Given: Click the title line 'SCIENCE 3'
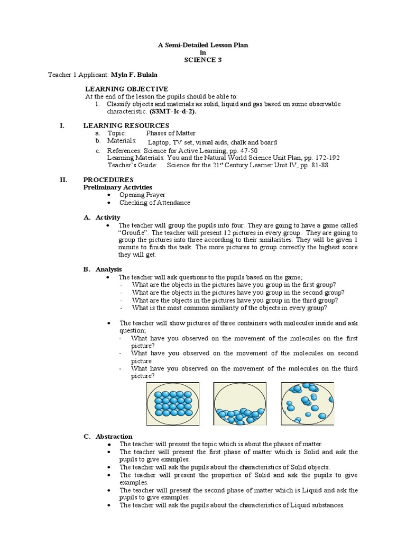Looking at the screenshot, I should tap(202, 60).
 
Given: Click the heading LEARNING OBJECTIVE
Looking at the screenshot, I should tap(126, 88).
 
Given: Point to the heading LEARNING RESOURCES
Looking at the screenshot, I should tap(127, 125).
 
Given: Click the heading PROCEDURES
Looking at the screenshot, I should tap(109, 179).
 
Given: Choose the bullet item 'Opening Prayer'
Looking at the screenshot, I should tap(142, 195).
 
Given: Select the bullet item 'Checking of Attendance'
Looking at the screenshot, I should tap(154, 203).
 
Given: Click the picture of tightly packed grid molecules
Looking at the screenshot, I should tap(172, 404).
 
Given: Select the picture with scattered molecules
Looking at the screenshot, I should tap(307, 404).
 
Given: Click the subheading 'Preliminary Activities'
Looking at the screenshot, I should tap(118, 187).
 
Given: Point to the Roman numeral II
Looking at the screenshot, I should tap(63, 179).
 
